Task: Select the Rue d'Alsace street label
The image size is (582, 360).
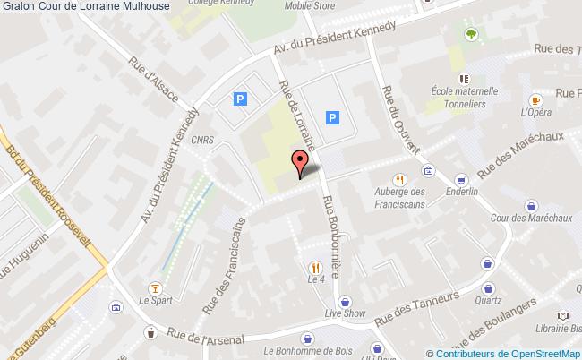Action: pos(153,80)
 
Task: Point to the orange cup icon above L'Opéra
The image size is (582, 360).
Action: pos(535,100)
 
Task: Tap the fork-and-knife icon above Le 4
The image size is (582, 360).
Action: pos(314,267)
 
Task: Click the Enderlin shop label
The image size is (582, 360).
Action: pos(462,193)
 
